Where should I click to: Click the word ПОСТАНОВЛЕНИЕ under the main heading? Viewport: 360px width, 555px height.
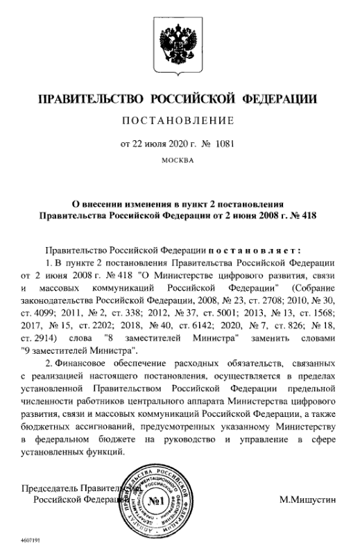[179, 121]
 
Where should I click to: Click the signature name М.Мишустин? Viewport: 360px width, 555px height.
[308, 499]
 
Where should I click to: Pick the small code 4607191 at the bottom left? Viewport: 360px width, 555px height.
[31, 539]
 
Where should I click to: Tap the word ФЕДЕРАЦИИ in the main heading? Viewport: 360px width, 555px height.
[280, 100]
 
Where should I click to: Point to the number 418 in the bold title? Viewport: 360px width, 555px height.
[307, 216]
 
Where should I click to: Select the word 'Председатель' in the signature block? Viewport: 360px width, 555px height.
[52, 488]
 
